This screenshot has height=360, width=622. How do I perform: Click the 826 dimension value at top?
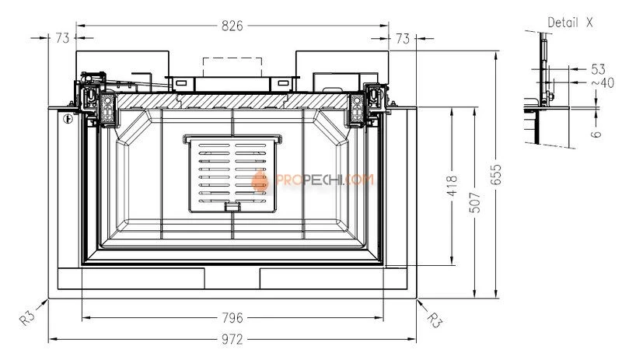coord(232,26)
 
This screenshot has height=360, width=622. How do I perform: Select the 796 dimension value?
coord(232,317)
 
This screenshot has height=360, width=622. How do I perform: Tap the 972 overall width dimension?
coord(232,340)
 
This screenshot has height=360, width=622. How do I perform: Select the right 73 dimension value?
coord(403,37)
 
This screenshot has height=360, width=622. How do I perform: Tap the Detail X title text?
coord(570,23)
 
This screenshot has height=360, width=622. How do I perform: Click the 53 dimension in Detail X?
coord(597,68)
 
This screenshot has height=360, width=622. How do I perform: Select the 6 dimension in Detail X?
coord(596,134)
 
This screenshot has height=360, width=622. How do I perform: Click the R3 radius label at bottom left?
coord(29,316)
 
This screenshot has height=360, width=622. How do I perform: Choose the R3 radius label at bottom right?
coord(435,318)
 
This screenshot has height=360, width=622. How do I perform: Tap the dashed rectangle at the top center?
coord(232,66)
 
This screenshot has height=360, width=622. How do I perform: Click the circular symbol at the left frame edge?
coord(68,120)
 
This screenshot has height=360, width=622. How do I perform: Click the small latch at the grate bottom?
coord(232,207)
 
